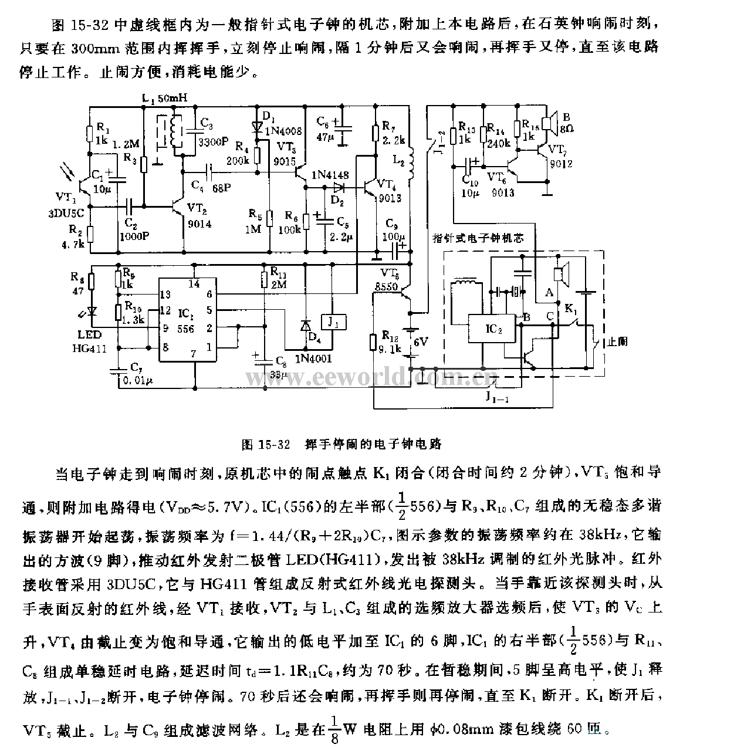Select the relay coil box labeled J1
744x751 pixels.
coord(333,321)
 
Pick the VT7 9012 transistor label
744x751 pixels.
coord(560,157)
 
